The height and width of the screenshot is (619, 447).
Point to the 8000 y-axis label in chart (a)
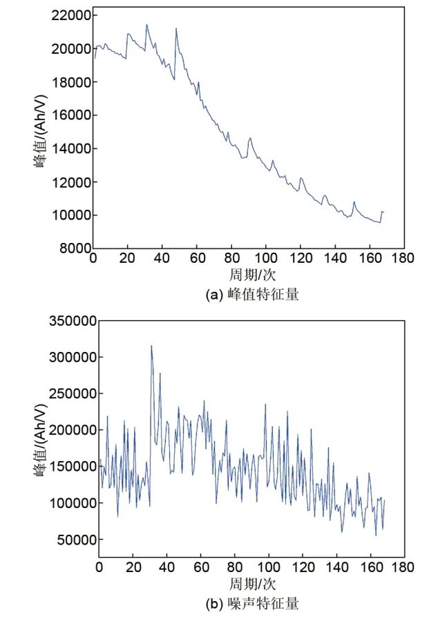[75, 248]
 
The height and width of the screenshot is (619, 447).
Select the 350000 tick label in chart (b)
[74, 321]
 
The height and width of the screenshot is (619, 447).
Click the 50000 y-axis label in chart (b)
[77, 540]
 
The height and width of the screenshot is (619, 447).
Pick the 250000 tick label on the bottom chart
[74, 394]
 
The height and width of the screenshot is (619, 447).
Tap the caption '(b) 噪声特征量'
[252, 605]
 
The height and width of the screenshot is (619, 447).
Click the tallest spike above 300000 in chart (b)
[151, 346]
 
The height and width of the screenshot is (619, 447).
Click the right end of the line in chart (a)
[383, 213]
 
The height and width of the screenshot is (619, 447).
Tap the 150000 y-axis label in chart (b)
[74, 466]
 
